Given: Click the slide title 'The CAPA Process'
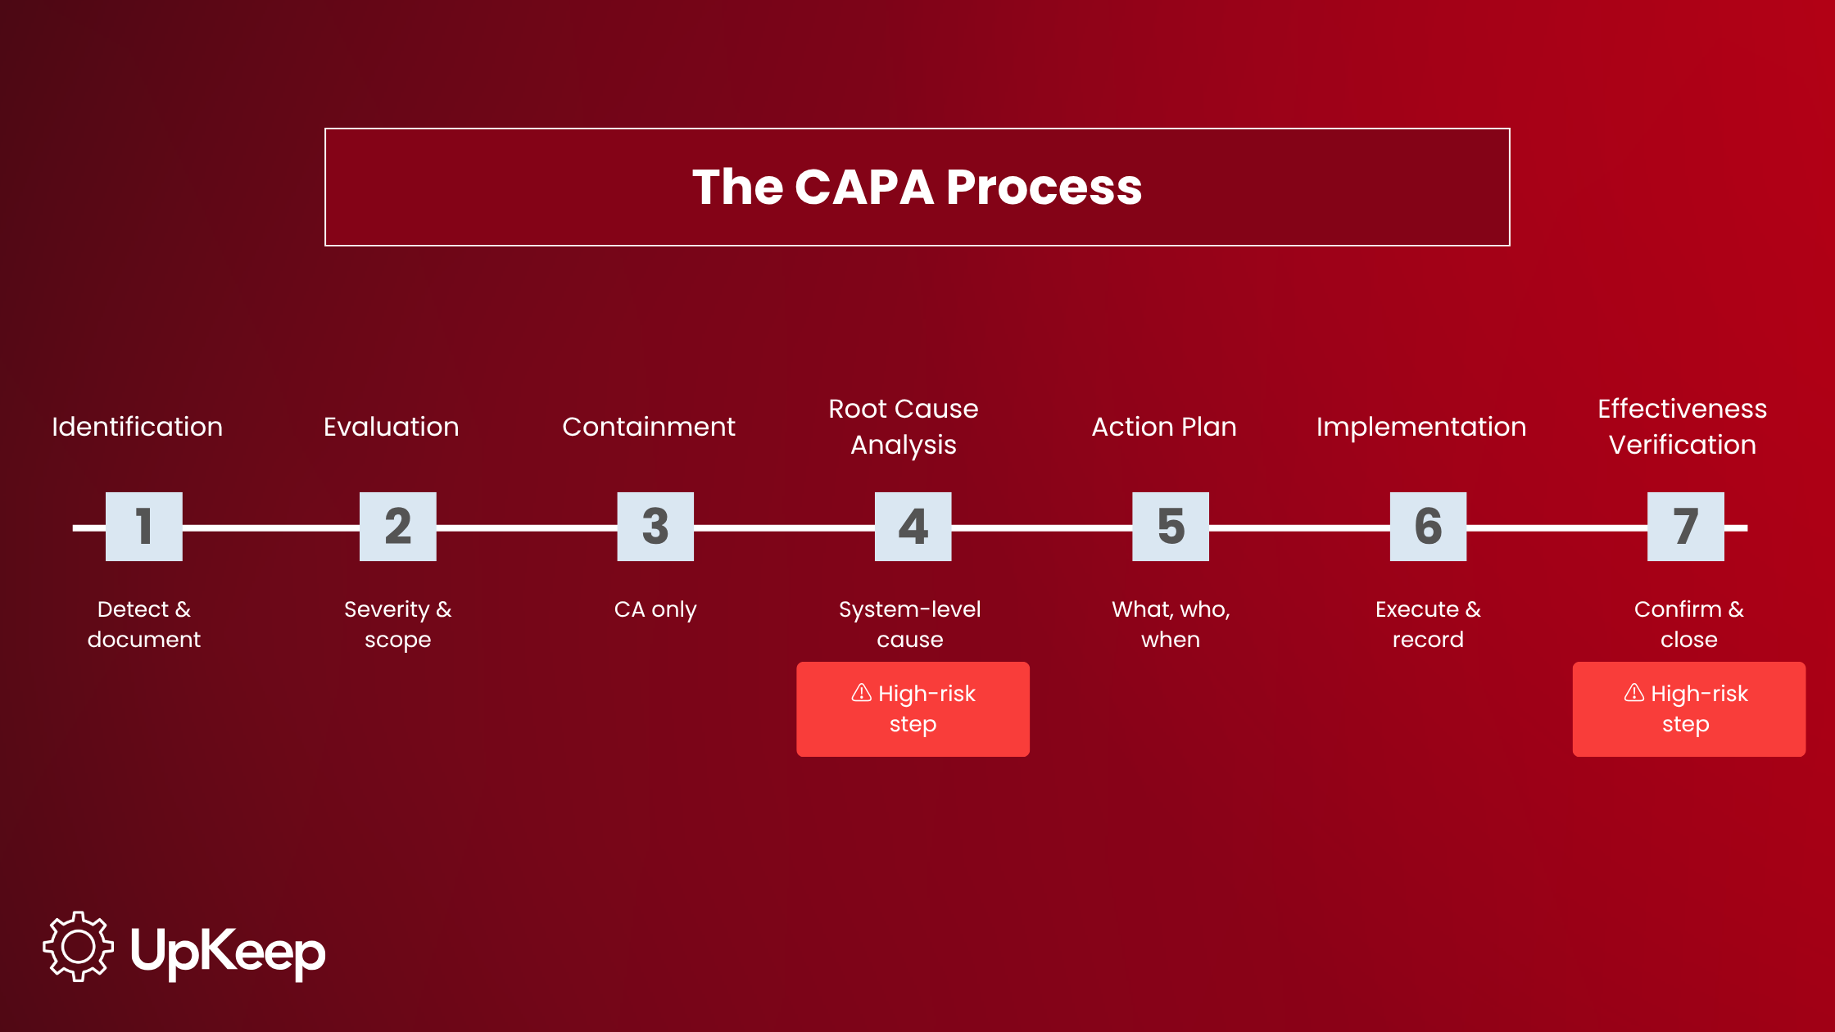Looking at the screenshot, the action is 917,187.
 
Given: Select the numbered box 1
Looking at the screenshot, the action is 144,527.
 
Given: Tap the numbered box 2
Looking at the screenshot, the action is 398,527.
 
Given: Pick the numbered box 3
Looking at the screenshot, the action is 655,527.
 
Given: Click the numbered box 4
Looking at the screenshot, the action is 913,527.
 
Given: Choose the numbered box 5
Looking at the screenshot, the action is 1171,527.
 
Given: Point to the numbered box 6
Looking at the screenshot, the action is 1429,527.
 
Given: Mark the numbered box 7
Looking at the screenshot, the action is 1686,527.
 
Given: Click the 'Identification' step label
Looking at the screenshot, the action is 138,427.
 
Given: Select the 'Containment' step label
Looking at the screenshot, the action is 649,427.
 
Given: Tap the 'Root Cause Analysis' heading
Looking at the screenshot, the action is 904,427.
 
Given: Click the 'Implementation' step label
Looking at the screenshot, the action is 1421,428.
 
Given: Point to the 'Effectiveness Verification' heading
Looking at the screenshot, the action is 1683,427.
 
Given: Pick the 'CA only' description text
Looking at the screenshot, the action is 655,610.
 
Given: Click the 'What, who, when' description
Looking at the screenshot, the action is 1171,624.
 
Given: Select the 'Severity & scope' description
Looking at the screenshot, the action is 398,624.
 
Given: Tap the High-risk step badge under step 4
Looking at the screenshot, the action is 913,709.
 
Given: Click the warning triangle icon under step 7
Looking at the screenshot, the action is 1634,693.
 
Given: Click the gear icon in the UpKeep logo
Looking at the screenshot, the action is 79,947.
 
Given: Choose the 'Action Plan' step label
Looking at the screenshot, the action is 1164,427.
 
